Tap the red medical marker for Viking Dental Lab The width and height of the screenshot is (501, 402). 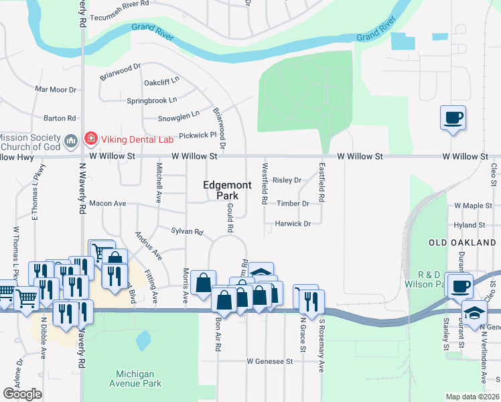pos(90,139)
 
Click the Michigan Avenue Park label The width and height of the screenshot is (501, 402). pos(135,379)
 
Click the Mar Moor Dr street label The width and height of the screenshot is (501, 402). pos(56,89)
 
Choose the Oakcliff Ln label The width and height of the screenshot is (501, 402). pos(162,82)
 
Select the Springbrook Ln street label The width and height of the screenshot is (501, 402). pos(152,100)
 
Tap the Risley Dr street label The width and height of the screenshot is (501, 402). pos(287,180)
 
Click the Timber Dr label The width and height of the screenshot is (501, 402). pos(293,204)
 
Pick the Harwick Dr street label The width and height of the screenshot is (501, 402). pos(293,224)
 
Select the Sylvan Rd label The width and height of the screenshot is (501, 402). pos(187,231)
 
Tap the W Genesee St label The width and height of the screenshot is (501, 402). pos(270,361)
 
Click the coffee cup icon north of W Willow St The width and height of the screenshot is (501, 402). pos(453,119)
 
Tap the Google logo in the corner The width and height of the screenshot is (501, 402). pos(22,394)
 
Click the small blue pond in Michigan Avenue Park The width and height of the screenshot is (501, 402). pos(143,341)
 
